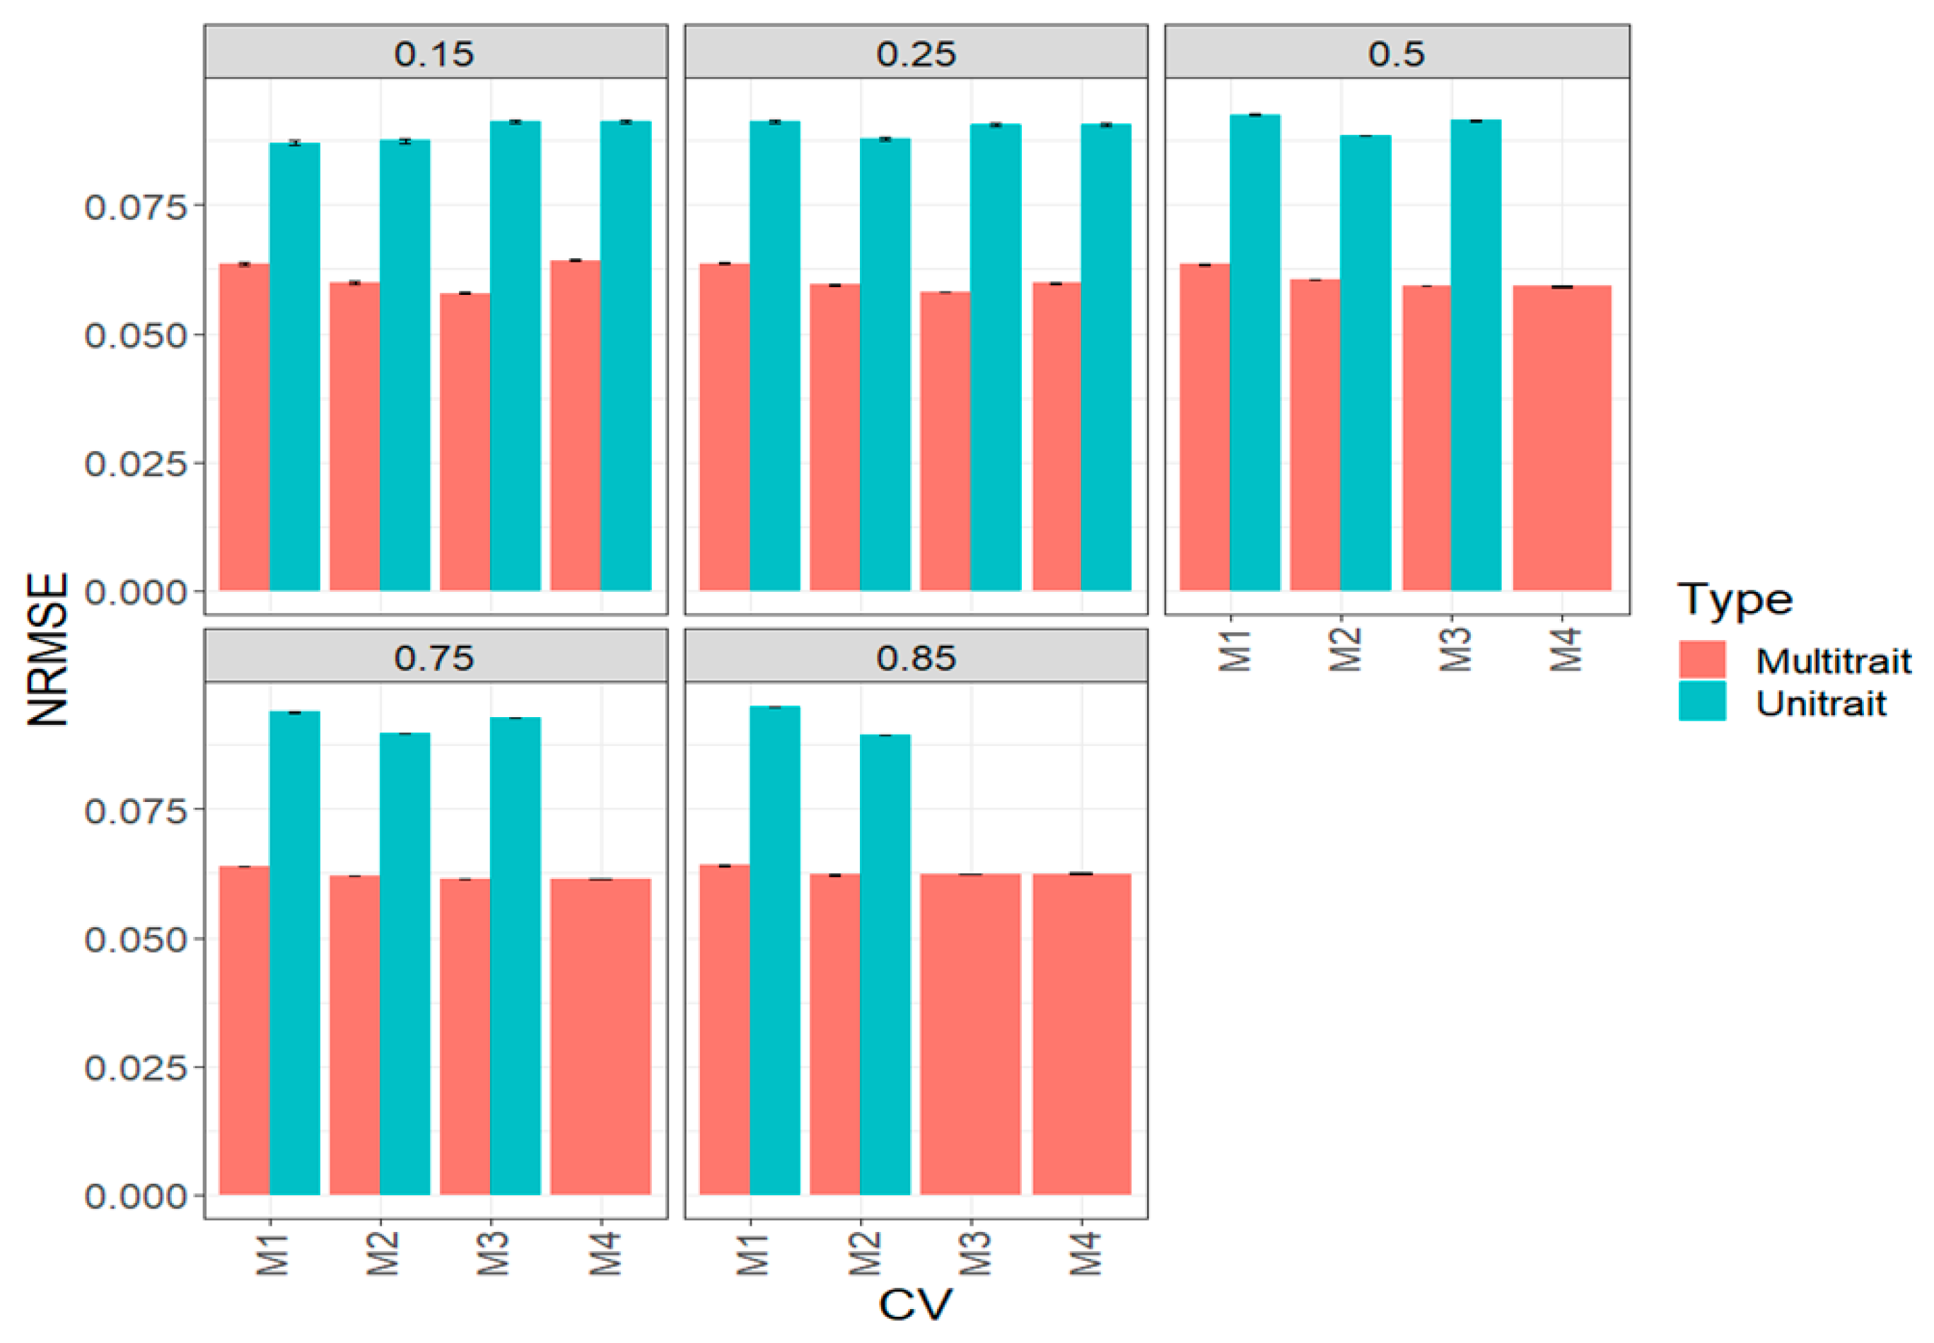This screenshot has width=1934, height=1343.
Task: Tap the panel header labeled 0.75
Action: click(435, 656)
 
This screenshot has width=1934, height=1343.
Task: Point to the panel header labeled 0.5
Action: click(1396, 53)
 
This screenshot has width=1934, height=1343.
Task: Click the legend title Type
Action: click(1734, 599)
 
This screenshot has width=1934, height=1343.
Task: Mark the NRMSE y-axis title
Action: click(48, 648)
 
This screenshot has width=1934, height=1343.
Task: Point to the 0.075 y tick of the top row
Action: click(134, 207)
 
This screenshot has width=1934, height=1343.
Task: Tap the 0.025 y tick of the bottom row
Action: click(134, 1067)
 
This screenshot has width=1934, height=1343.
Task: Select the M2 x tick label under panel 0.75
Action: click(382, 1253)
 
